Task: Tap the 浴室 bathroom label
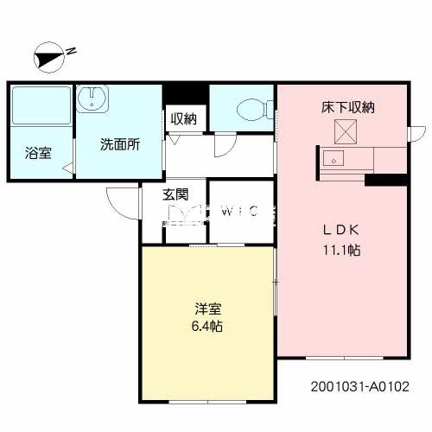[x=37, y=154]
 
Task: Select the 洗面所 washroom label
[x=119, y=145]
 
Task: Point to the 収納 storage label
[x=182, y=119]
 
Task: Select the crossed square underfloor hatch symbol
[x=345, y=131]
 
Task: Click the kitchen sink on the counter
[x=333, y=159]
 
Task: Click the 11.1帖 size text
[x=341, y=251]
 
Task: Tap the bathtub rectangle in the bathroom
[x=41, y=105]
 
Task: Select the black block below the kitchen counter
[x=385, y=180]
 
